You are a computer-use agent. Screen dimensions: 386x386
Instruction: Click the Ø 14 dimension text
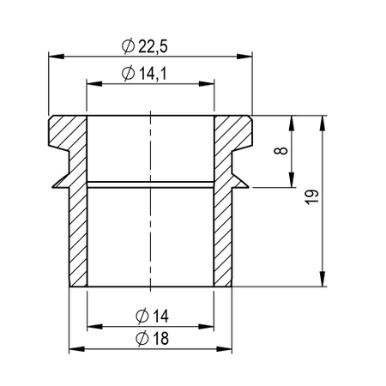151,316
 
